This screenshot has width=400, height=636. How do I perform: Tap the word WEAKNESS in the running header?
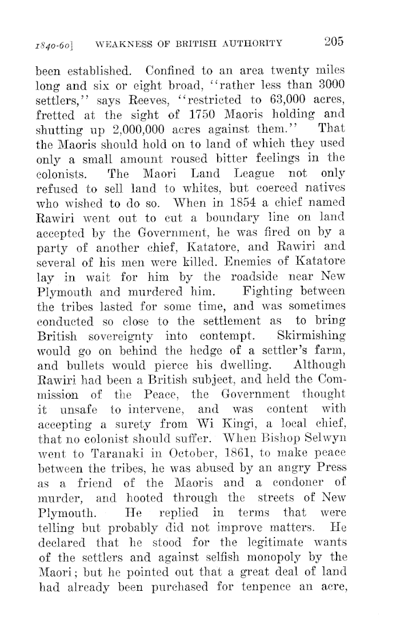123,42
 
